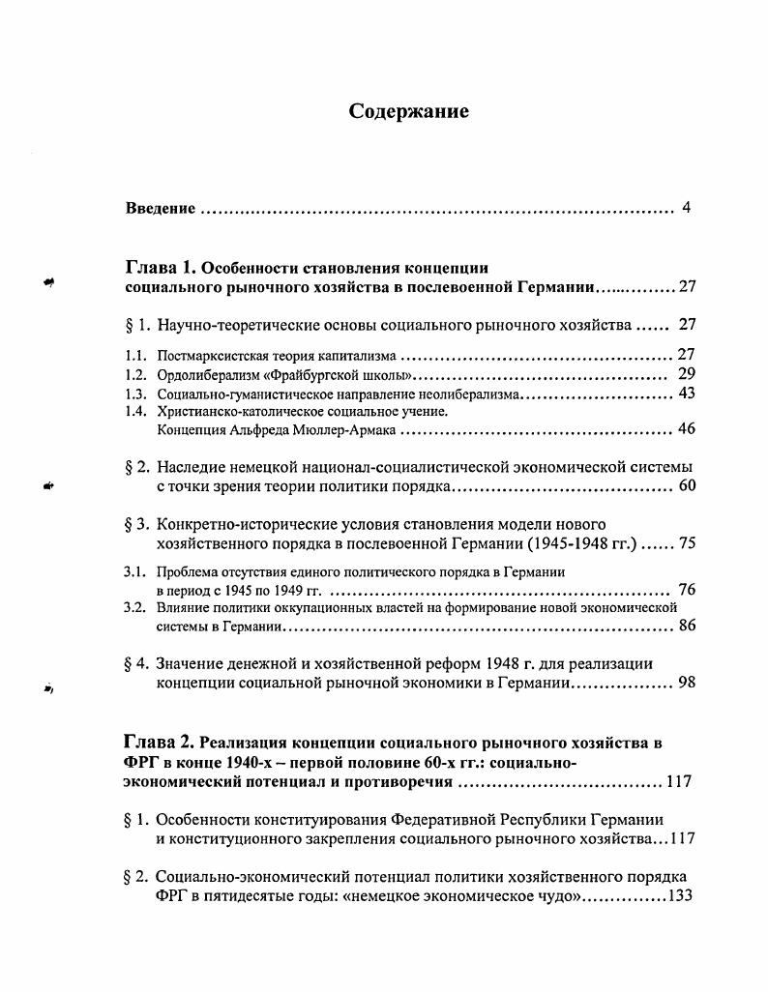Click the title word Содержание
pos(408,112)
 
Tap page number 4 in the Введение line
pos(686,208)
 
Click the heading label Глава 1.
pos(162,268)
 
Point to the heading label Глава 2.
pos(160,743)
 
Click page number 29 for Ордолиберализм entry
pos(687,374)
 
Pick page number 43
pos(687,394)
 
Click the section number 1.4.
pos(136,411)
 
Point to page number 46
pos(687,429)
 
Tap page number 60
pos(687,485)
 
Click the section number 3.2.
pos(135,608)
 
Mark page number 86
pos(687,627)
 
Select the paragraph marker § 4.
pos(137,664)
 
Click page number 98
pos(687,683)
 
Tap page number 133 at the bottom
pos(682,895)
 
